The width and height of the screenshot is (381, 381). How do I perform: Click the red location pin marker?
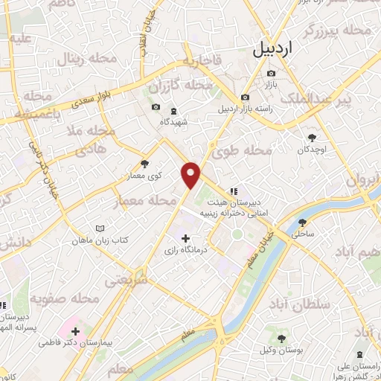coord(191,176)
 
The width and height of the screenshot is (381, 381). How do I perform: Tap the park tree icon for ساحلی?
coord(303,222)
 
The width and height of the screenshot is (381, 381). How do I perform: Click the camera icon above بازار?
coord(271,73)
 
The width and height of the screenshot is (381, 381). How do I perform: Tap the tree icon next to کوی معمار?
coord(144,164)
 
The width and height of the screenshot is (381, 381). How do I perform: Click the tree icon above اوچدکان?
coord(311,137)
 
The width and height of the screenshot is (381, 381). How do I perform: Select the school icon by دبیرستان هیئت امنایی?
coord(233,189)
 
